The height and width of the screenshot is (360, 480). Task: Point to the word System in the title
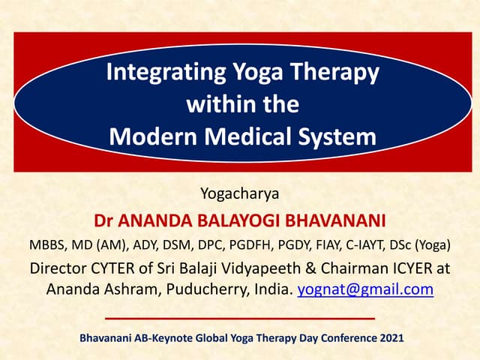337,137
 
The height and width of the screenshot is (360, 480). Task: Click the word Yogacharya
240,194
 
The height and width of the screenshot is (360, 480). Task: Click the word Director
57,268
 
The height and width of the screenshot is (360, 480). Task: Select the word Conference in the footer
340,339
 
